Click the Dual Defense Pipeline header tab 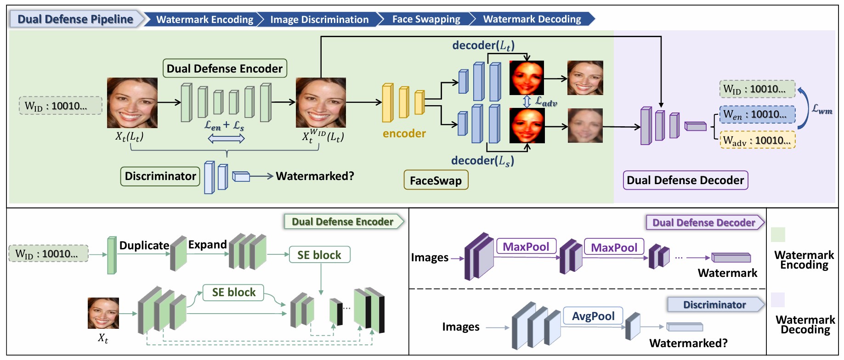click(x=75, y=19)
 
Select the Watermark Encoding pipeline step click(x=204, y=19)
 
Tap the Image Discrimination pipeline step click(x=319, y=19)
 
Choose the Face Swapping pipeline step click(x=426, y=19)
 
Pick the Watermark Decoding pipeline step click(x=532, y=19)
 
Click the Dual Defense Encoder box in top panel click(x=225, y=68)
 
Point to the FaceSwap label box click(x=436, y=180)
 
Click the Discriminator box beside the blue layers click(x=160, y=176)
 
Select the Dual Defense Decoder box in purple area click(x=685, y=180)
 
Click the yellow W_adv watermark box click(x=757, y=140)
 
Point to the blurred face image click(x=585, y=125)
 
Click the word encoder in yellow click(x=404, y=134)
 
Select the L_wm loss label click(x=821, y=109)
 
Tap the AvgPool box click(x=593, y=316)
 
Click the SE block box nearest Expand click(x=319, y=255)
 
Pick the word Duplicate click(x=144, y=245)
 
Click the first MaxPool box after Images click(x=526, y=247)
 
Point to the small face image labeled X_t click(x=103, y=313)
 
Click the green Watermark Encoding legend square click(x=778, y=235)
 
